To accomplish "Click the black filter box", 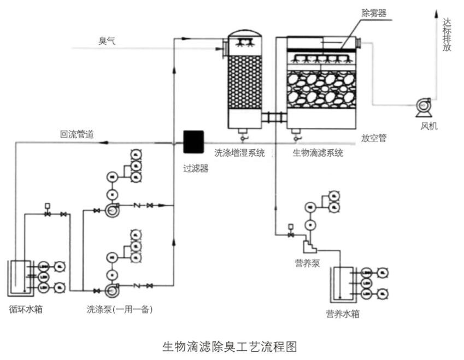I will point(192,142).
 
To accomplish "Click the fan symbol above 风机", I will point(423,105).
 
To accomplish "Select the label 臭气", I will point(107,41).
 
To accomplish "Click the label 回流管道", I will point(77,134).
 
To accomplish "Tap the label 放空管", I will point(374,138).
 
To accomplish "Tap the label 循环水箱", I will point(26,309).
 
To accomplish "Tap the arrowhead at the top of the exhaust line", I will point(436,11).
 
